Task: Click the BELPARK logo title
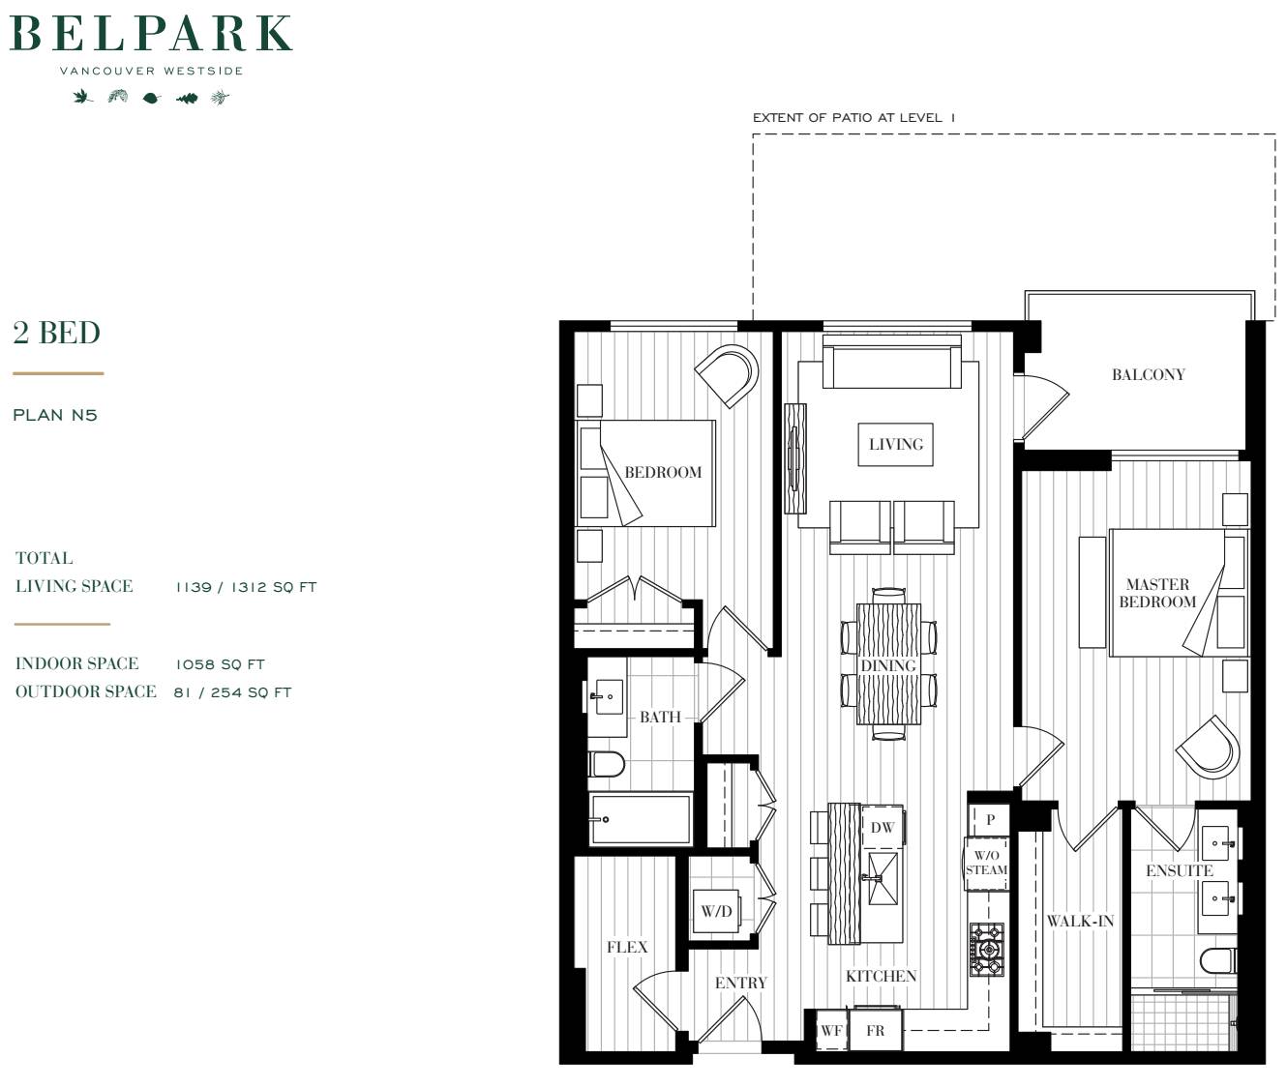(151, 33)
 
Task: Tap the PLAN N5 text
(55, 415)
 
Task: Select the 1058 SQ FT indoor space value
(220, 664)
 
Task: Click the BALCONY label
(1149, 374)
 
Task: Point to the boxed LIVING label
(896, 444)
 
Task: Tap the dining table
(889, 663)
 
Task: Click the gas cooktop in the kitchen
(987, 950)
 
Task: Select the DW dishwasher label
(883, 828)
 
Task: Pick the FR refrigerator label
(876, 1031)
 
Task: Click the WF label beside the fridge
(831, 1031)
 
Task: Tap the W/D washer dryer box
(716, 911)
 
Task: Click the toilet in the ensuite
(1218, 959)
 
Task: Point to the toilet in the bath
(607, 765)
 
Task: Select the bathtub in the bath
(641, 819)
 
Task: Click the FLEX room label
(627, 947)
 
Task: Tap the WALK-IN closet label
(1080, 922)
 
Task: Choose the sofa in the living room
(892, 362)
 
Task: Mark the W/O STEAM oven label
(986, 863)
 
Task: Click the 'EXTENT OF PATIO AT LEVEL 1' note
(853, 118)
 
